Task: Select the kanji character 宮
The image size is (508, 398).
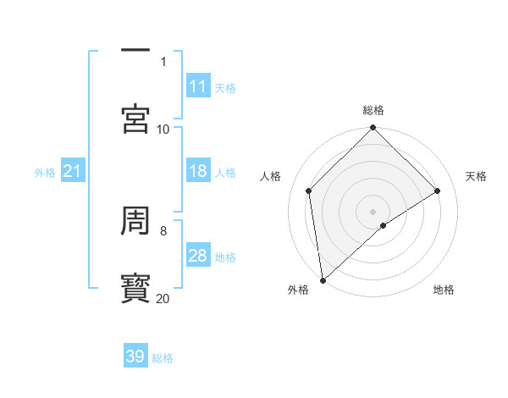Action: tap(136, 119)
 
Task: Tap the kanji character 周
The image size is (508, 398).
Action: tap(136, 221)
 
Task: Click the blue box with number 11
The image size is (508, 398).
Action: tap(197, 86)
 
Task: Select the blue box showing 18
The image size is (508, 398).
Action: tap(197, 171)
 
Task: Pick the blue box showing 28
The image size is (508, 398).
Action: tap(197, 256)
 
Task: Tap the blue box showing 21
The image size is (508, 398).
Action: tap(73, 172)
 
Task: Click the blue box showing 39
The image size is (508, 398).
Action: tap(135, 357)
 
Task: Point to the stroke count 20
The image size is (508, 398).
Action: tap(163, 298)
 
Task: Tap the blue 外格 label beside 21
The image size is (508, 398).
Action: tap(45, 173)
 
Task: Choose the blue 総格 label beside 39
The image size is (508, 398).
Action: tap(163, 358)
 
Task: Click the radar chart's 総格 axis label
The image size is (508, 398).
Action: tap(373, 110)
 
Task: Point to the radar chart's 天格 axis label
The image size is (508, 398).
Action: tap(476, 176)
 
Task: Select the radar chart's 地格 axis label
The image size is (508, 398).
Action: tap(444, 290)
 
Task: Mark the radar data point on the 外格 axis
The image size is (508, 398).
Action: tap(323, 280)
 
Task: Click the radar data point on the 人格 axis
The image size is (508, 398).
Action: tap(309, 191)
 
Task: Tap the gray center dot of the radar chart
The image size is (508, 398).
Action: tap(373, 211)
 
